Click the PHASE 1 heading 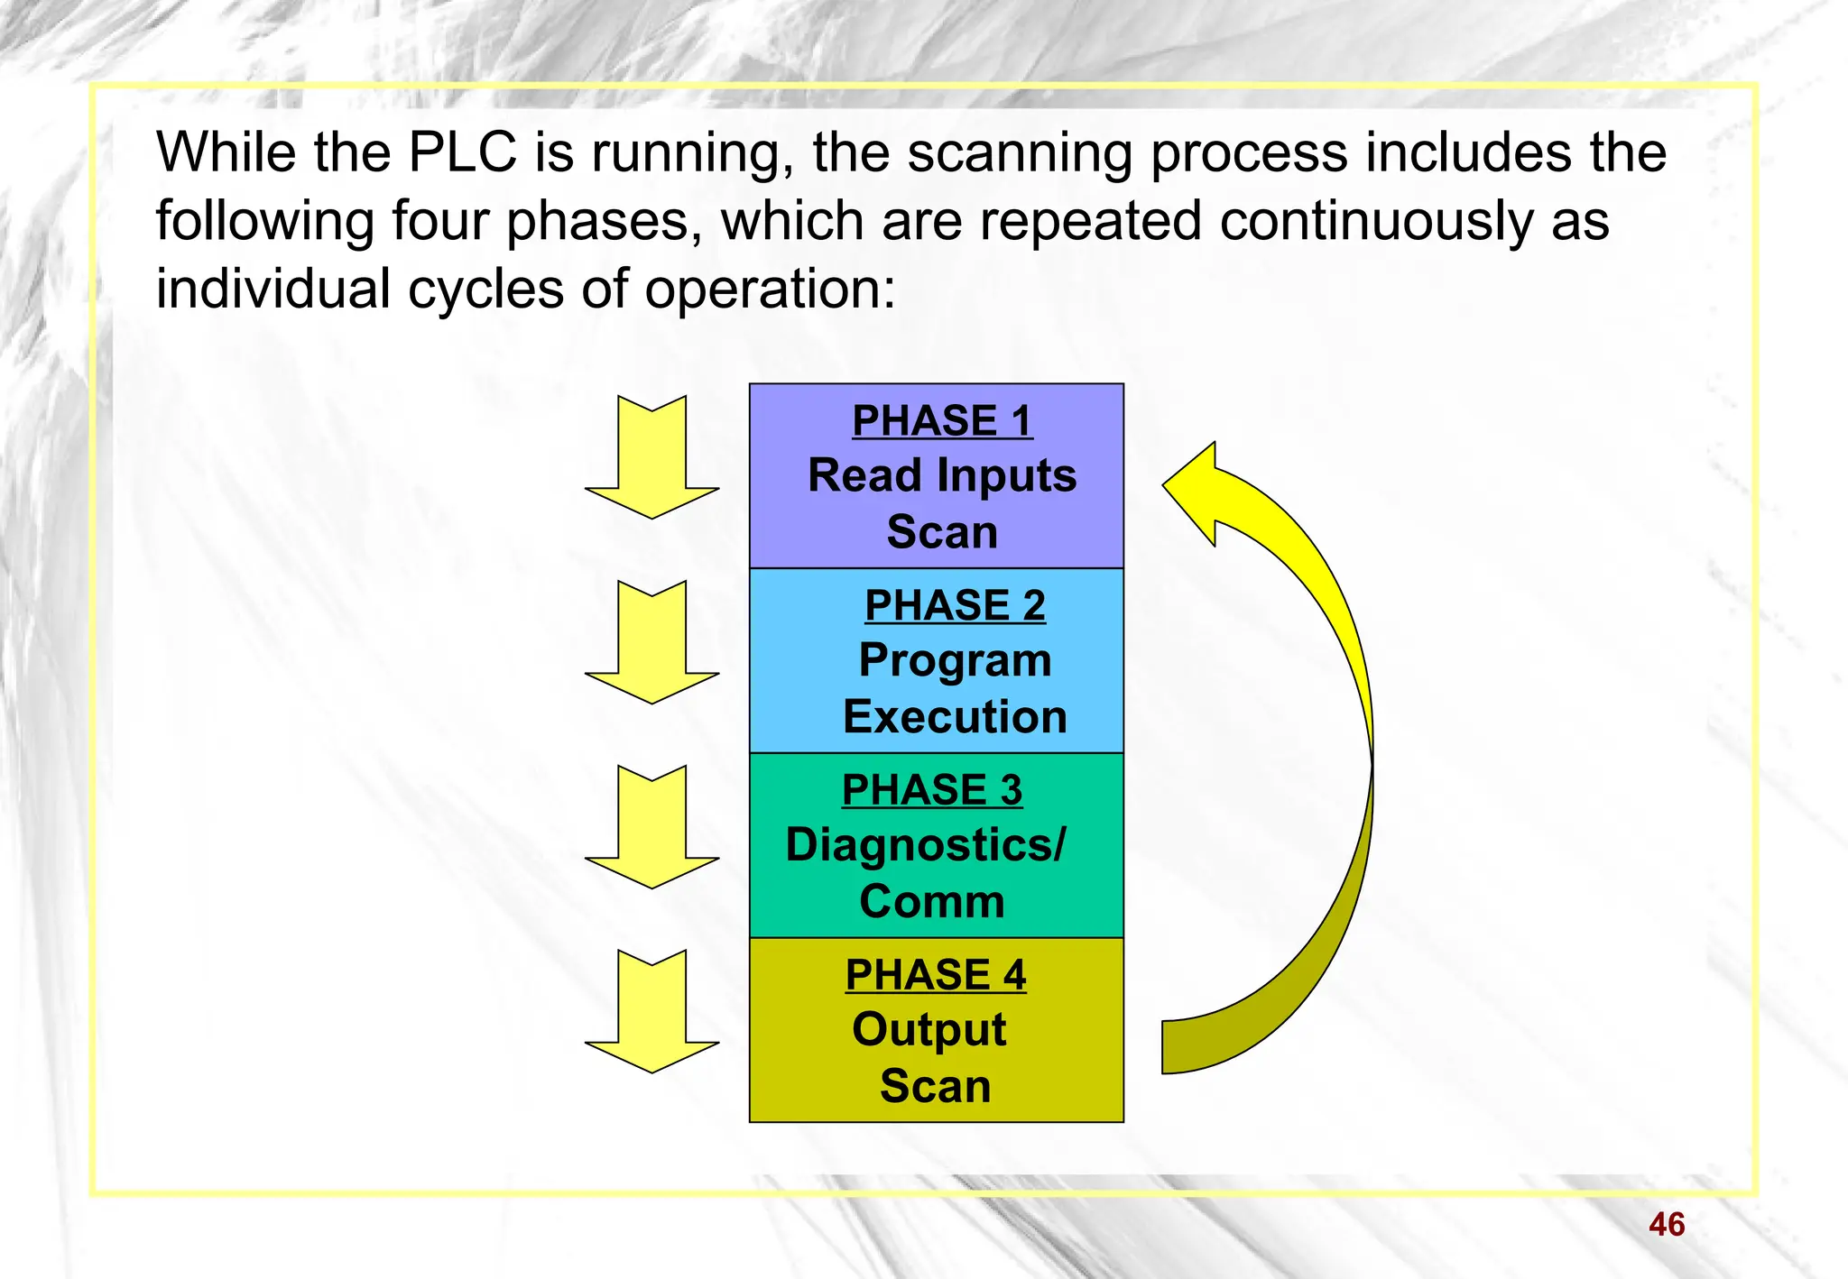click(x=942, y=421)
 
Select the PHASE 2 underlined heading click(x=955, y=605)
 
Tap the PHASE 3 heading click(x=932, y=790)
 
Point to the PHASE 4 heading click(x=936, y=975)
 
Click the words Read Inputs click(x=942, y=476)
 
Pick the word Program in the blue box click(x=955, y=661)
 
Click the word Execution click(x=955, y=717)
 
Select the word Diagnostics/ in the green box click(x=926, y=846)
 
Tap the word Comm click(x=932, y=902)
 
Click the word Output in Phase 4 click(x=929, y=1031)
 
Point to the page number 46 click(x=1666, y=1225)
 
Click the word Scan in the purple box click(x=942, y=532)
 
